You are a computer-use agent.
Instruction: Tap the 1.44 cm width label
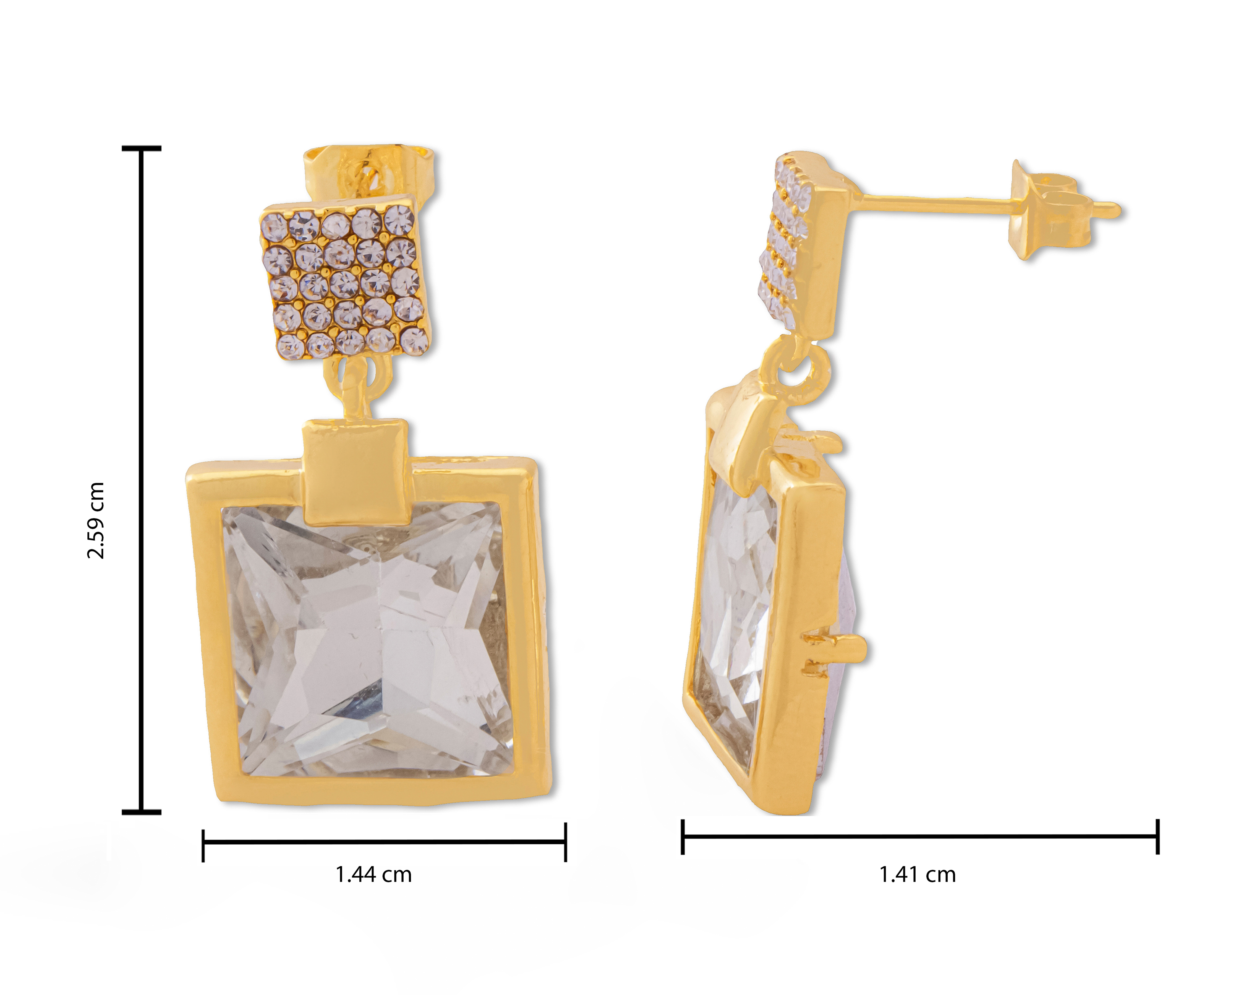[373, 874]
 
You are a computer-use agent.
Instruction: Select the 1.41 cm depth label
[917, 874]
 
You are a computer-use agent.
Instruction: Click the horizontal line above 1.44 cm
[384, 842]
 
